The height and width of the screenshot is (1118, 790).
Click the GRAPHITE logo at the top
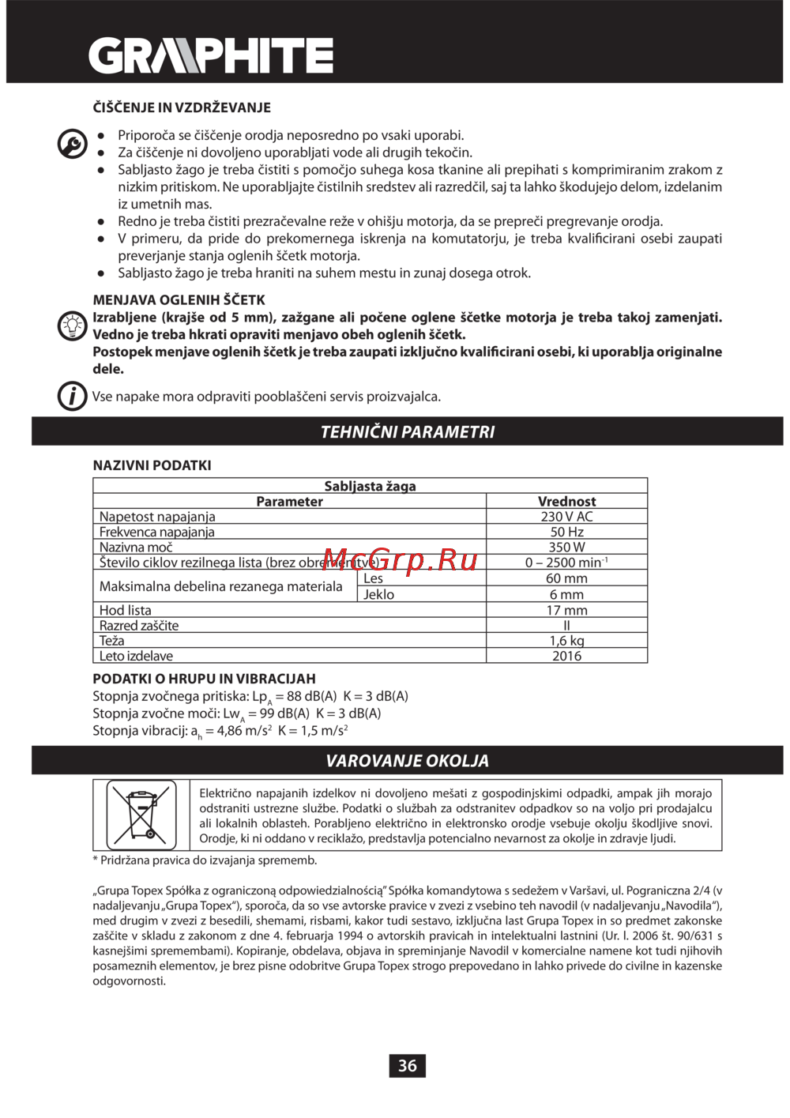(210, 56)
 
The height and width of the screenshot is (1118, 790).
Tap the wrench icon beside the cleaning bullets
(73, 144)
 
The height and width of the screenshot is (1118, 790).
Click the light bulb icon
(73, 326)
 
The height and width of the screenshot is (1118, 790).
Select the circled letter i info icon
(73, 395)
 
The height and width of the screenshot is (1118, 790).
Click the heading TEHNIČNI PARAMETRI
(407, 432)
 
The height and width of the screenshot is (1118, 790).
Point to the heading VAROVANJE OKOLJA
(407, 761)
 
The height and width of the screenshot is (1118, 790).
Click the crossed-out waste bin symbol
(141, 815)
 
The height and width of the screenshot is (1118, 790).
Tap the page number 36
(407, 1066)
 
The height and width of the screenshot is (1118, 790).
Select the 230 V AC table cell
(566, 517)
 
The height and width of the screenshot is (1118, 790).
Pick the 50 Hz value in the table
(566, 532)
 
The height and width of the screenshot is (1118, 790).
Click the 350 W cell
(566, 547)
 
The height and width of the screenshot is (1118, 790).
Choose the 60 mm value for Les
(566, 578)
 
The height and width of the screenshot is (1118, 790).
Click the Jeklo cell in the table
(379, 594)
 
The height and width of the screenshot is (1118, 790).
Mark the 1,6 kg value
(566, 641)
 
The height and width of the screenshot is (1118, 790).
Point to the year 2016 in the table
(566, 656)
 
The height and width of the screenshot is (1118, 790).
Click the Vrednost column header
(566, 502)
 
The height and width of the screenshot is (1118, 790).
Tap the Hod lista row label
(126, 610)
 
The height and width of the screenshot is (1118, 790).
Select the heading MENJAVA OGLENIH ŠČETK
(179, 300)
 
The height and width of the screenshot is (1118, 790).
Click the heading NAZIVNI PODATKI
(152, 465)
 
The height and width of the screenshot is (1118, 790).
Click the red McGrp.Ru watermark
(401, 560)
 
